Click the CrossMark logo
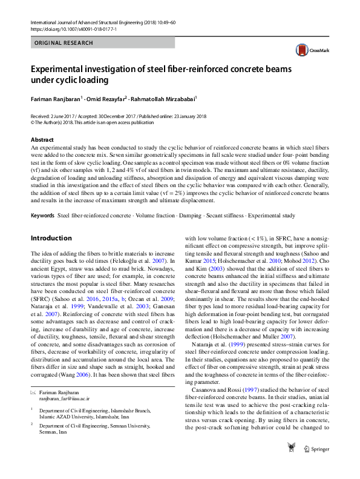pyautogui.click(x=307, y=51)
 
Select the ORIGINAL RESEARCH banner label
pyautogui.click(x=64, y=43)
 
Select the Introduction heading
pyautogui.click(x=51, y=238)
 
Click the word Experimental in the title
pyautogui.click(x=60, y=68)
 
